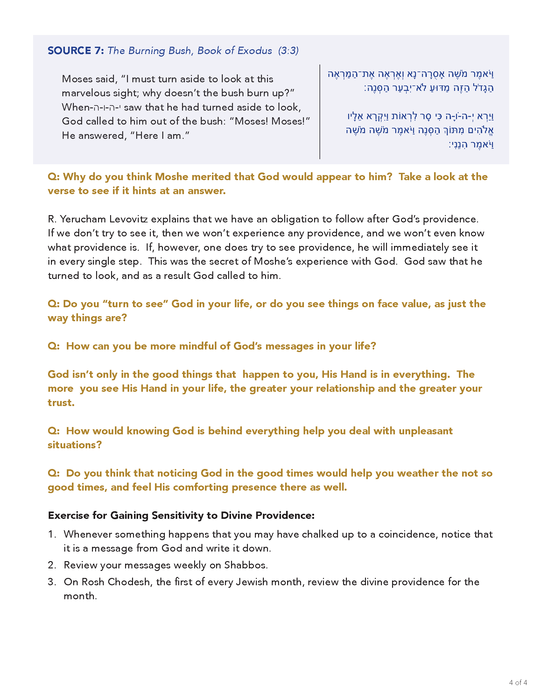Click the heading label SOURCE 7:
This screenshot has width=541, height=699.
(x=76, y=51)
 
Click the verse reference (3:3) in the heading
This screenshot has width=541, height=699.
(x=288, y=51)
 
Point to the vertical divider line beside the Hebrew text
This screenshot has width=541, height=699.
(x=320, y=112)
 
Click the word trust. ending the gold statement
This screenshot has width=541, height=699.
(x=61, y=403)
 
